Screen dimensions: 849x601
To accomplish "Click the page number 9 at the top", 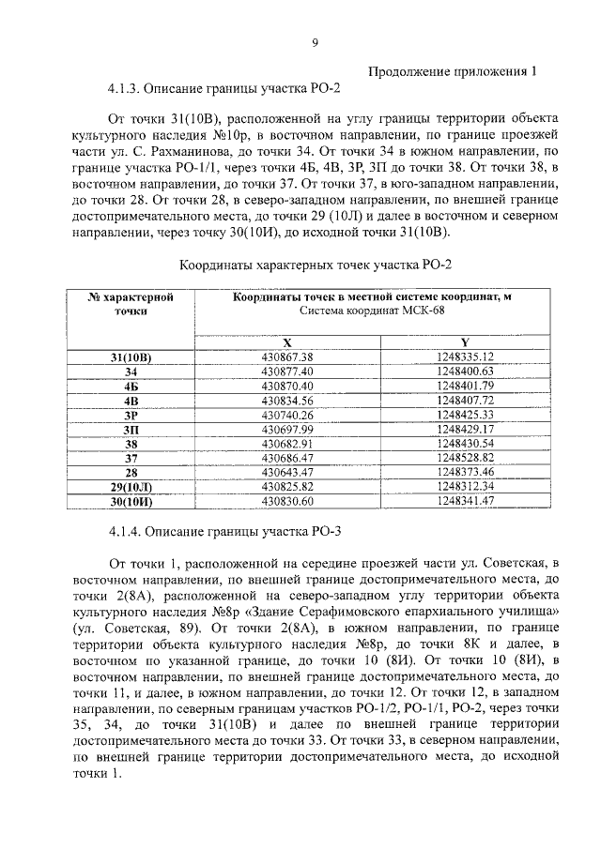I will [315, 41].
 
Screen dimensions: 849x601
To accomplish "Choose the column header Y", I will [465, 342].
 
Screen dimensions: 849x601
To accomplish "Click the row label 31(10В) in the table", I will [131, 357].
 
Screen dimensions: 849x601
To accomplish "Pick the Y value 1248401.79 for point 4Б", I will [465, 386].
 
